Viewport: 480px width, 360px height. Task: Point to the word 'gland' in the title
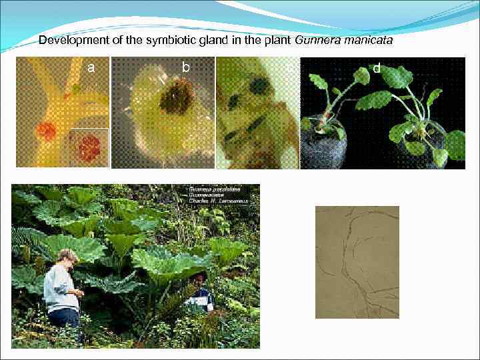pos(195,41)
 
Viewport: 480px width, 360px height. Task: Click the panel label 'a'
pos(91,67)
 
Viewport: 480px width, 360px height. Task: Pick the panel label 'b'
pos(186,67)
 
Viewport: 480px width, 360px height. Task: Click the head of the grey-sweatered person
pos(69,257)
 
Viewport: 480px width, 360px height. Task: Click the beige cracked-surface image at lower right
pos(357,261)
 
